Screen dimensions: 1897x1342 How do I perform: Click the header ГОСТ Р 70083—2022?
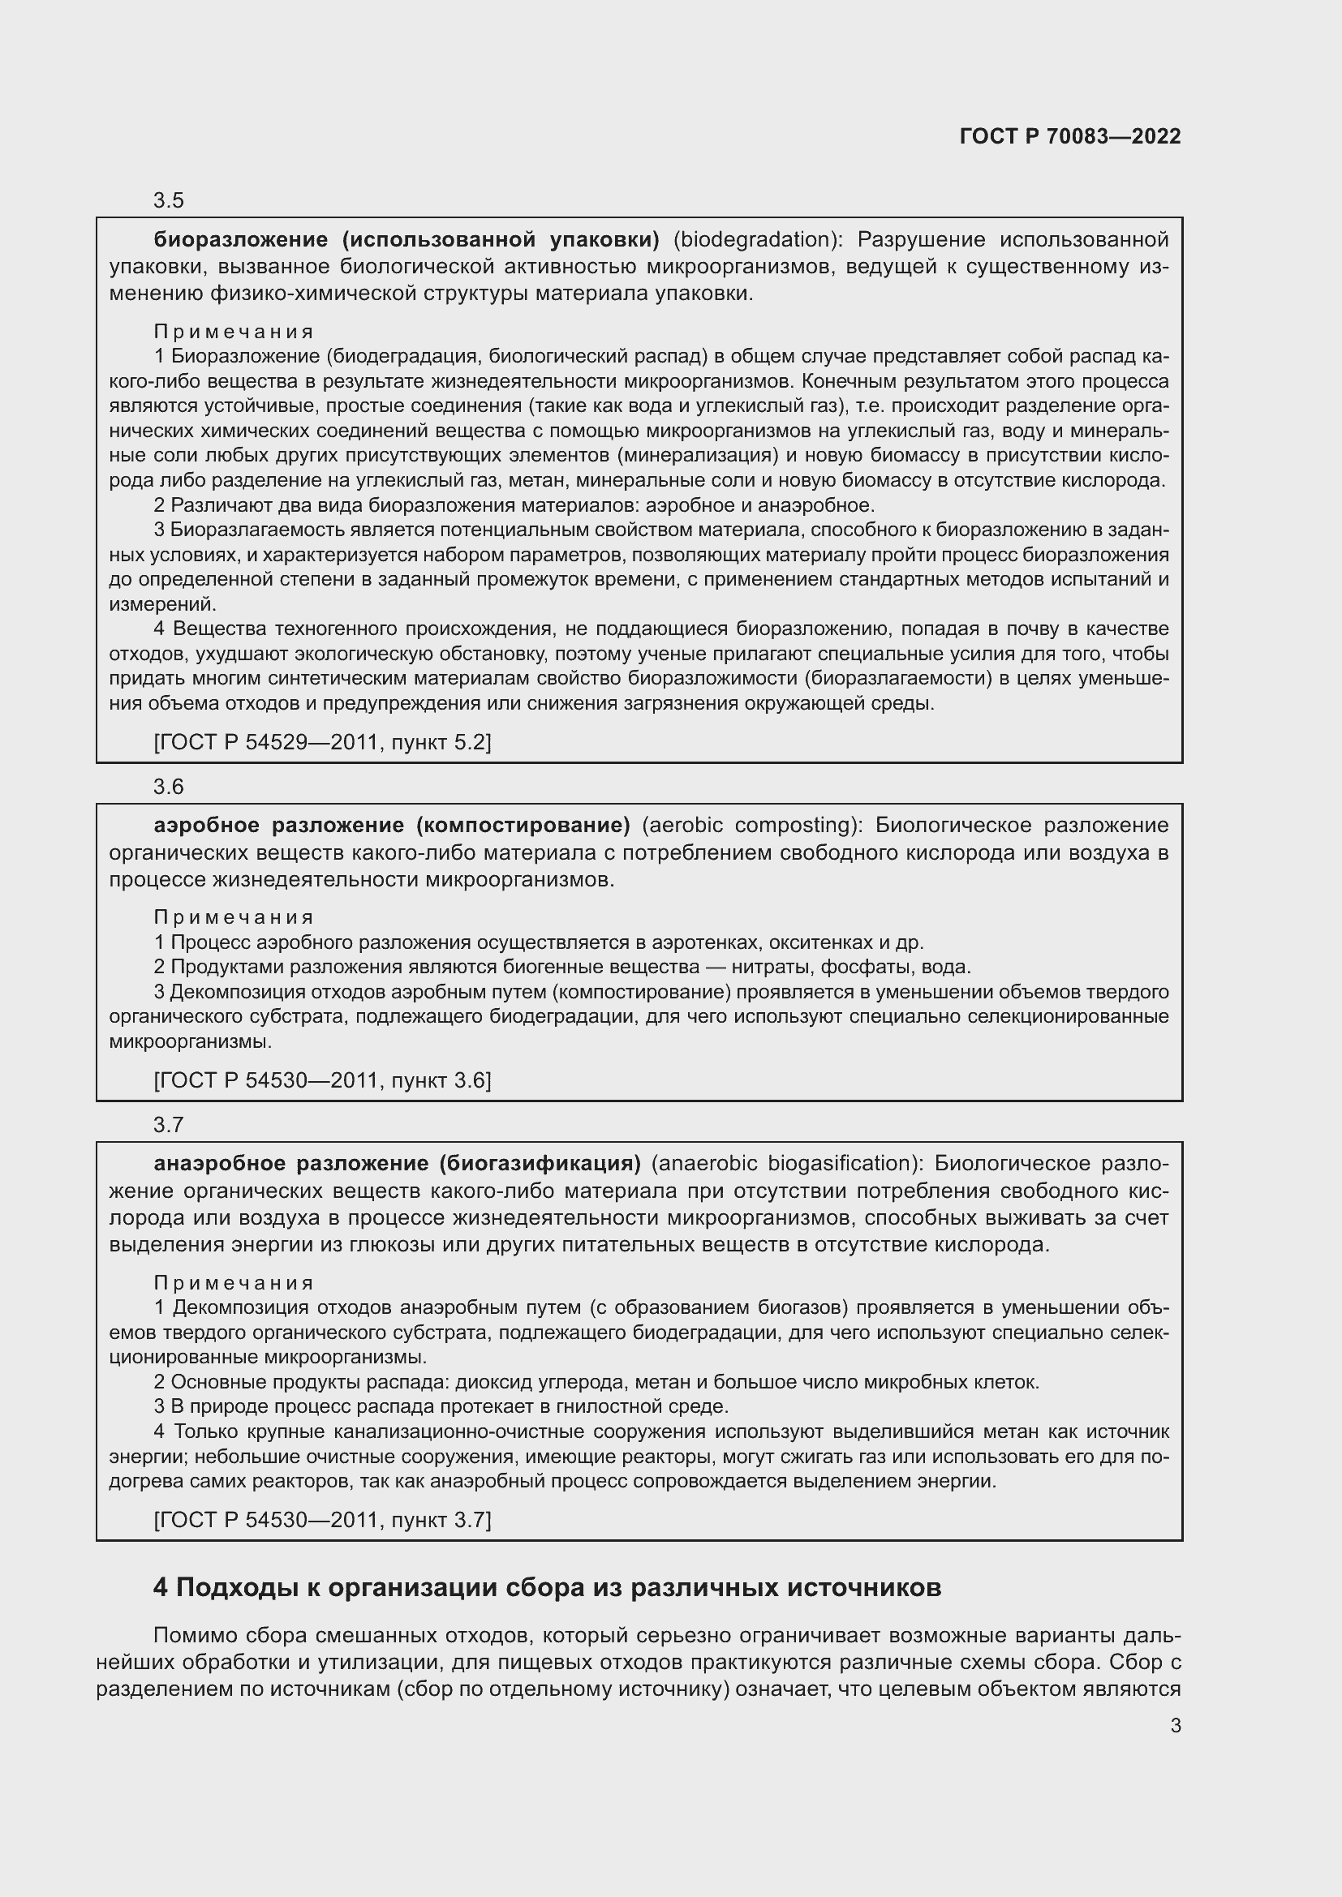coord(1070,136)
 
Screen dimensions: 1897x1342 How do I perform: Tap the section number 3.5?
coord(169,201)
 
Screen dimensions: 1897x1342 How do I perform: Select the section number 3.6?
coord(169,787)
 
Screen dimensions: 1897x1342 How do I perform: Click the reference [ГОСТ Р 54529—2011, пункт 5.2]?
coord(322,742)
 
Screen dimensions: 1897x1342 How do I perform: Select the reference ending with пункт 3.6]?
coord(322,1079)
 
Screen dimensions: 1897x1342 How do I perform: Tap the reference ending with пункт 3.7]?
coord(322,1519)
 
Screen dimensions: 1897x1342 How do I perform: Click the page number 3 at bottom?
coord(1175,1725)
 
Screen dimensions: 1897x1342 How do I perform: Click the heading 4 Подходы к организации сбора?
coord(547,1588)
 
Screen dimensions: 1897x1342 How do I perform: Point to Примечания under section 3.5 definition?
coord(234,332)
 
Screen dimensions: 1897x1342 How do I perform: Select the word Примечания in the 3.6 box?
coord(234,917)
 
